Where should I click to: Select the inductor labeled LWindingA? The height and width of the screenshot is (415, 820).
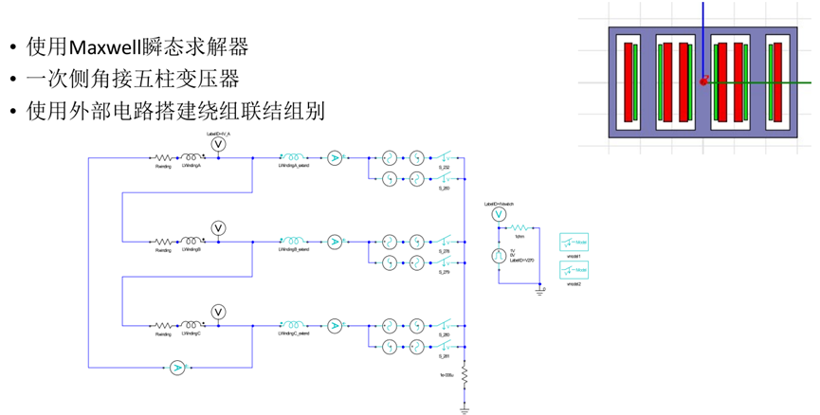pos(192,158)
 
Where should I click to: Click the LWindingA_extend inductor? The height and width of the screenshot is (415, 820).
pos(291,158)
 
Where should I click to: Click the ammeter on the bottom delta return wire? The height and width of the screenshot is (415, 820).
pos(176,368)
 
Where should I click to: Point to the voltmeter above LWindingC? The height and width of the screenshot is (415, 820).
pos(217,311)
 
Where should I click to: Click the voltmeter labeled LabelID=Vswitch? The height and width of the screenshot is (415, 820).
pos(499,216)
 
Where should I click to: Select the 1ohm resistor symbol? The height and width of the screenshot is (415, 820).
pos(519,227)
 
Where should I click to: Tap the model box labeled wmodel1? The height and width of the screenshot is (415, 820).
pos(574,242)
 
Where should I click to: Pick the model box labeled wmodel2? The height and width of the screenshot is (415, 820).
pos(574,271)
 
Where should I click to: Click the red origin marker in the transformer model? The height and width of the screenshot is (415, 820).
pos(703,81)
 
